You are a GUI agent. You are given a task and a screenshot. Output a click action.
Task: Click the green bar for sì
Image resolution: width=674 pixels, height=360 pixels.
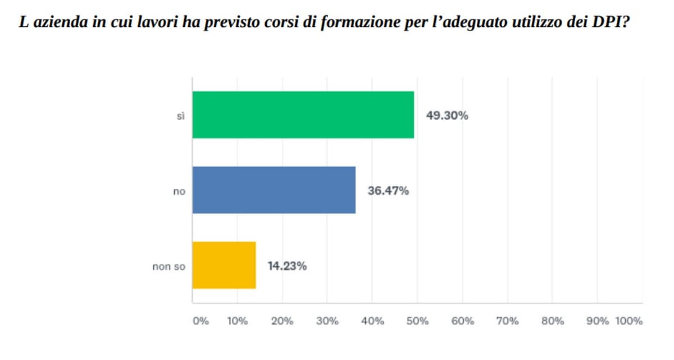coord(303,115)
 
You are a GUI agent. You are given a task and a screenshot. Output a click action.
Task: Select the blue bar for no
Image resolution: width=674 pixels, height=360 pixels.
coord(274,190)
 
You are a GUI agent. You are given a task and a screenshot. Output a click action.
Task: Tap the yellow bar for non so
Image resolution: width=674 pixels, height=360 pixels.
coord(224,265)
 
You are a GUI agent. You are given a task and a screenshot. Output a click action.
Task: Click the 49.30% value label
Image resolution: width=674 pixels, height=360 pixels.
coord(447,116)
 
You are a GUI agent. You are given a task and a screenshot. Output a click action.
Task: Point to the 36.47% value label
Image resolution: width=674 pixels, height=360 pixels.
coord(388,191)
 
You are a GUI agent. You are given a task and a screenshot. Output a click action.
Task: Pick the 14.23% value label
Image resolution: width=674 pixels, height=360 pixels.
coord(287,266)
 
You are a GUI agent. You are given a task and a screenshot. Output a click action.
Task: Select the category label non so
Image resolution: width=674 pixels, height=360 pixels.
coord(168,267)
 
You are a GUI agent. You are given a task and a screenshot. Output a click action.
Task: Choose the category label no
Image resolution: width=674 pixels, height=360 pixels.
coord(179,192)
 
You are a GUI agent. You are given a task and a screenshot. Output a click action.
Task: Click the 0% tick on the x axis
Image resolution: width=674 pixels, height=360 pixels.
coord(201,321)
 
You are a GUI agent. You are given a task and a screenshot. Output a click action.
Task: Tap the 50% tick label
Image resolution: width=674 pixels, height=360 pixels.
coord(417,321)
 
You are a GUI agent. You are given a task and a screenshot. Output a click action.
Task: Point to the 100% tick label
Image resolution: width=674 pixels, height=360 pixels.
coord(629,321)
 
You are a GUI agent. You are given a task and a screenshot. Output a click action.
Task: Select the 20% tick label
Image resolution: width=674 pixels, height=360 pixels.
coord(282,321)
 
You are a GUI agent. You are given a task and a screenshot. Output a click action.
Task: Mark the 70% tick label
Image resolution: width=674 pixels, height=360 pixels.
coord(507,321)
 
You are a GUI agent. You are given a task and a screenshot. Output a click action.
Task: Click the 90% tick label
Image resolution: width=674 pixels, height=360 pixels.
coord(598,321)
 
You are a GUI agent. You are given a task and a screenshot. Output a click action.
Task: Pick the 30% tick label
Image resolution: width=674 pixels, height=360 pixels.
coord(327,321)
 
